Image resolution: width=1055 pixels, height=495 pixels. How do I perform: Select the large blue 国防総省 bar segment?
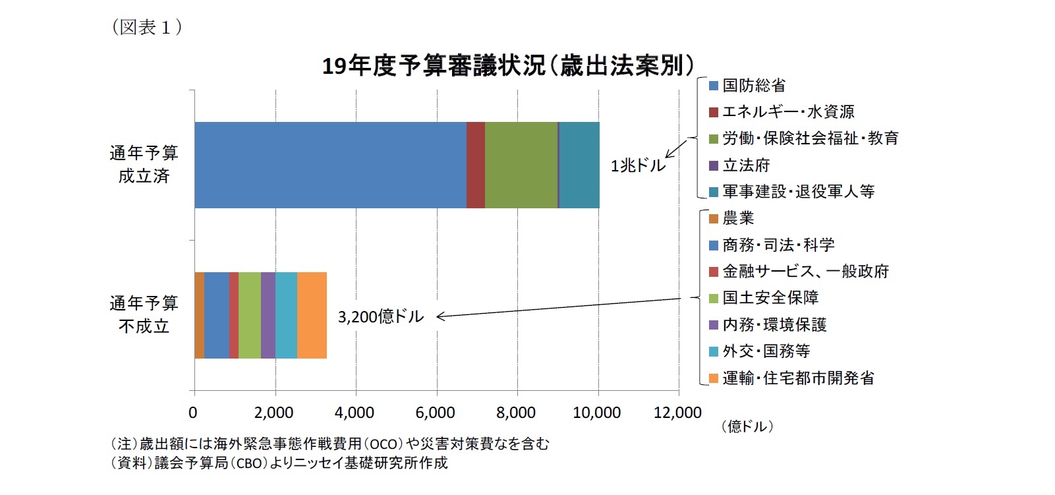pos(329,165)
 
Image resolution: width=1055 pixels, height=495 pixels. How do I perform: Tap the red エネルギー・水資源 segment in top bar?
pos(475,165)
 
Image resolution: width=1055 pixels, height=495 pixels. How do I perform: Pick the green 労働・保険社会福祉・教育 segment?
pos(521,165)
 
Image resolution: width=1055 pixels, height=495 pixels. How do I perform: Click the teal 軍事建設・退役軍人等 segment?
pos(579,165)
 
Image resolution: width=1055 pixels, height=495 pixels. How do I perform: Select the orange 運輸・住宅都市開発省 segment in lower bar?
pos(312,315)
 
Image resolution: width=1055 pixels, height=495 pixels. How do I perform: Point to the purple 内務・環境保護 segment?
pos(268,315)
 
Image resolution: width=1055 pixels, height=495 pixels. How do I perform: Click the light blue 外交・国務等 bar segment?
pos(286,315)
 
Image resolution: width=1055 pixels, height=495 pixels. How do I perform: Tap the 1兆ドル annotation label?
pos(637,165)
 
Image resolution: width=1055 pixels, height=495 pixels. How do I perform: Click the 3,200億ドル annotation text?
pos(380,317)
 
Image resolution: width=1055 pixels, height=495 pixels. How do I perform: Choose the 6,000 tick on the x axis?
pos(435,413)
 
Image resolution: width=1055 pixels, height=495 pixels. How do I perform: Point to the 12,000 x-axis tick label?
pos(677,413)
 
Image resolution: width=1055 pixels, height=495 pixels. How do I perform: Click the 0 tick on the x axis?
pos(192,413)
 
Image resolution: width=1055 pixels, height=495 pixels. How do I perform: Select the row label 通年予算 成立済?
pos(144,165)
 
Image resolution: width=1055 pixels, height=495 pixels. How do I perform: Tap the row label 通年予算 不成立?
pos(144,315)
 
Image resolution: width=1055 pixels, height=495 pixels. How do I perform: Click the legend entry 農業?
pos(737,218)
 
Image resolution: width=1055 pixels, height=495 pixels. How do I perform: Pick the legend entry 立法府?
pos(745,165)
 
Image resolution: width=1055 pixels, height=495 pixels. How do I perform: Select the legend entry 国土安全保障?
pos(770,298)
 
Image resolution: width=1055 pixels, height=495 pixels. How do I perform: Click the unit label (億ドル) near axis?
pos(747,426)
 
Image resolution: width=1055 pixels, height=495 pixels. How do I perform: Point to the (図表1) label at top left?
pos(147,27)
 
